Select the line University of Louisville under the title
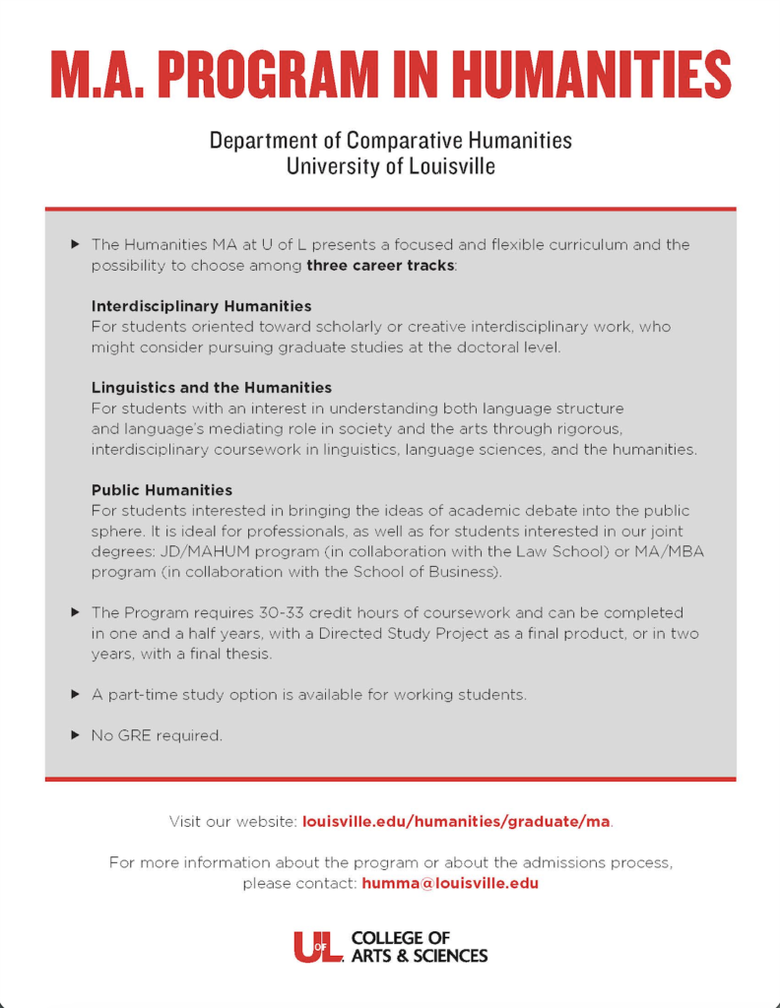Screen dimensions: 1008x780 pyautogui.click(x=390, y=166)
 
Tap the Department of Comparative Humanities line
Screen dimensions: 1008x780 pyautogui.click(x=390, y=140)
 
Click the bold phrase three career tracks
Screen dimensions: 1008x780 pyautogui.click(x=381, y=266)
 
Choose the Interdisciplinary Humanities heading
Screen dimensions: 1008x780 pyautogui.click(x=201, y=306)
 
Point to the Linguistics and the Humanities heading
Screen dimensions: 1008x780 pyautogui.click(x=212, y=388)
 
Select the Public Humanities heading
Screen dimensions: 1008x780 pyautogui.click(x=162, y=490)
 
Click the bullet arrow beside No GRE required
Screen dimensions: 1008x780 pyautogui.click(x=76, y=735)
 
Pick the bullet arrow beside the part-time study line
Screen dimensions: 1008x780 pyautogui.click(x=76, y=694)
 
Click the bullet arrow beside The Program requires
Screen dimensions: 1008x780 pyautogui.click(x=76, y=612)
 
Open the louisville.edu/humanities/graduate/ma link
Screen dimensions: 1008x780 pyautogui.click(x=457, y=821)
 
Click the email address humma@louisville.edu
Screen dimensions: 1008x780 pyautogui.click(x=450, y=883)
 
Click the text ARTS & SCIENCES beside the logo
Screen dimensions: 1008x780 pyautogui.click(x=419, y=956)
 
